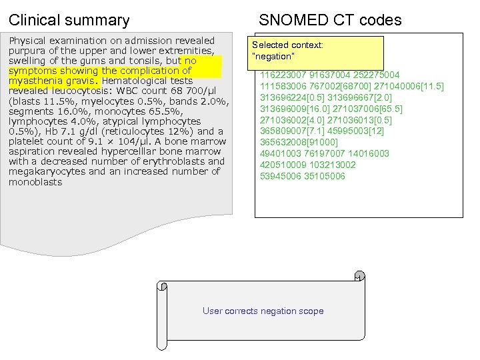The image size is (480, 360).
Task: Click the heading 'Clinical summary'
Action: coord(69,20)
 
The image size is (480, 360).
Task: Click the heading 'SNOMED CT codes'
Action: coord(330,20)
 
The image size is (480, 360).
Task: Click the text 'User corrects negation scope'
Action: coord(263,311)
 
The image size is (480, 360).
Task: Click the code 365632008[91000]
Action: coord(299,143)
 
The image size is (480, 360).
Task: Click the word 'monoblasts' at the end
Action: coord(35,181)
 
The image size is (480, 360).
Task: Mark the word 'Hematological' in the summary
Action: coord(136,81)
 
